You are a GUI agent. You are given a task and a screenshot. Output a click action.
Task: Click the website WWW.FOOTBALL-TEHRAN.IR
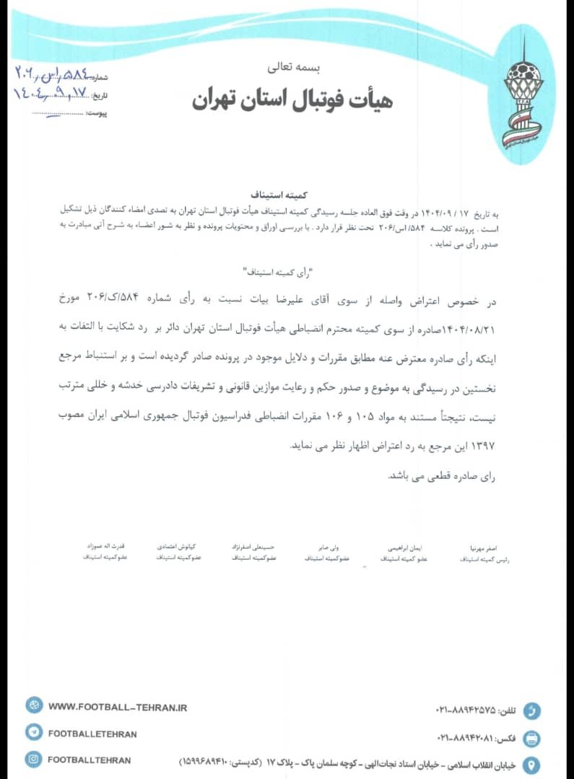coord(118,708)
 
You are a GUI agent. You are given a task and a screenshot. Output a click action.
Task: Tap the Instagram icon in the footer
coord(34,759)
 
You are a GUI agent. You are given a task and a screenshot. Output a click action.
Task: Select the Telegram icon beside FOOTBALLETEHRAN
coord(34,733)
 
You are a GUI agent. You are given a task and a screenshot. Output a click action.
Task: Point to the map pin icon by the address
coord(532,764)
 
